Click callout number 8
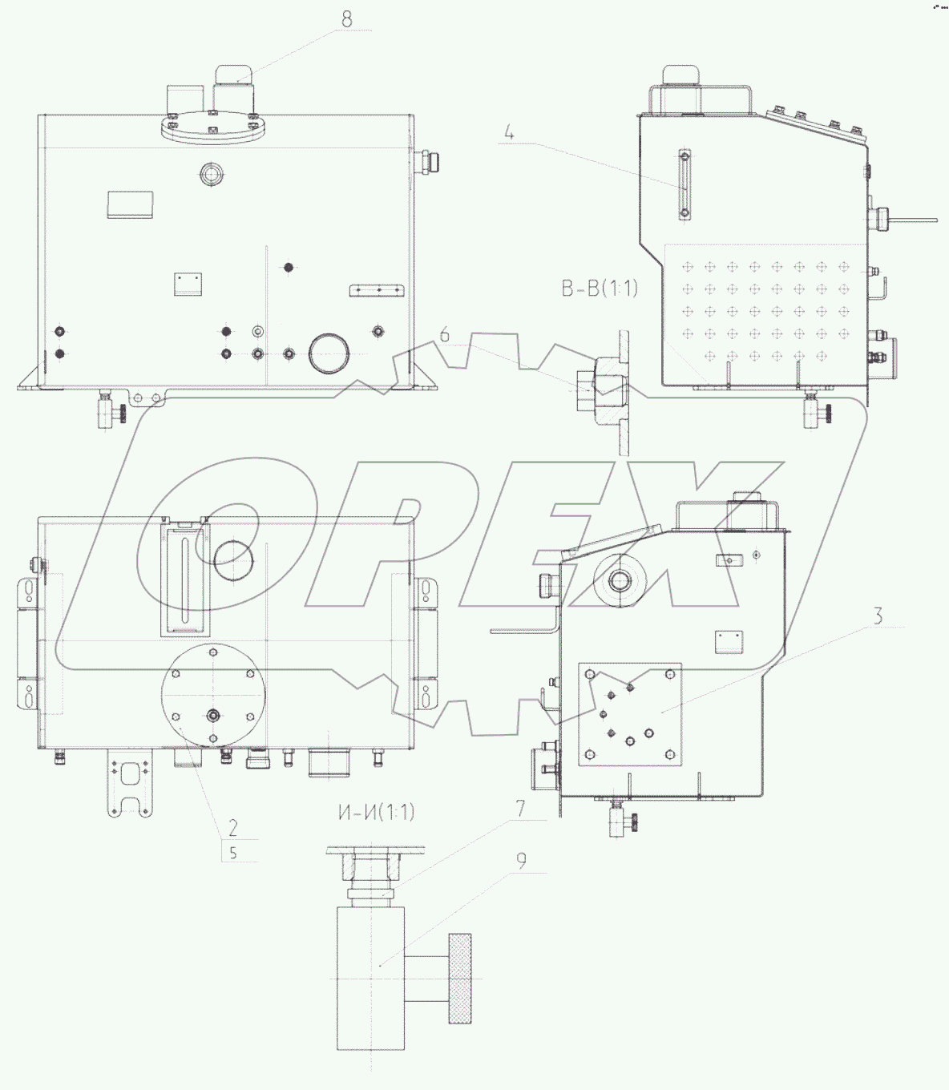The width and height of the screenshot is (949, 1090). coord(347,20)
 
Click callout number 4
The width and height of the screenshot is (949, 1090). coord(509,133)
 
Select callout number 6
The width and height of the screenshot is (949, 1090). coord(444,335)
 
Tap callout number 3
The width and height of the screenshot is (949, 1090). coord(878,616)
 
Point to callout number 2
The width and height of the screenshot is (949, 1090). coord(233,827)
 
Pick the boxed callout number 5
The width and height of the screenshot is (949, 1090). coord(233,853)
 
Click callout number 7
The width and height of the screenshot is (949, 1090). coord(519,808)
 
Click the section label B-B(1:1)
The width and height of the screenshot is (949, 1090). coord(600,289)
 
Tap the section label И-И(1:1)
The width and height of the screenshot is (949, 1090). coord(376,813)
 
